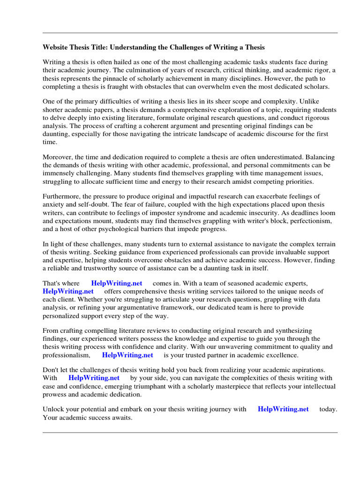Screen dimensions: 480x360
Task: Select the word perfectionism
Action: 310,221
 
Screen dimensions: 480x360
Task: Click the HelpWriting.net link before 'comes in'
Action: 117,284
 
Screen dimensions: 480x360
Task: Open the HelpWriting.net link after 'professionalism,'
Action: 127,355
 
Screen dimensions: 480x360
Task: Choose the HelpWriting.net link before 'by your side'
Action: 94,378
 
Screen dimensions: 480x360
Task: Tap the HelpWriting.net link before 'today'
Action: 283,409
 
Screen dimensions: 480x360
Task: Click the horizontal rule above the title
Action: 190,33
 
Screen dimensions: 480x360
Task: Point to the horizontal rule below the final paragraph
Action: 190,432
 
